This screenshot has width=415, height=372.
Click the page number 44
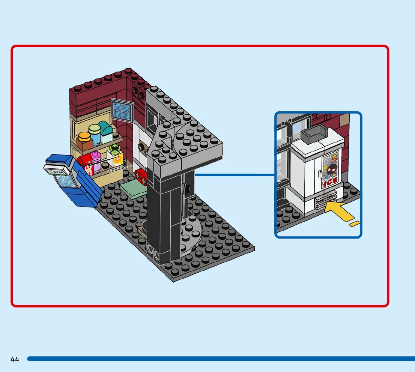pos(15,359)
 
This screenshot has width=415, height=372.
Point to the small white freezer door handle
pos(319,174)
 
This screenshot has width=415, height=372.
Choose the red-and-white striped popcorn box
pos(85,165)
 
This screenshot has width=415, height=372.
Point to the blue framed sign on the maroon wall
pos(122,109)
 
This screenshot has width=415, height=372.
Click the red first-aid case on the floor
pos(142,175)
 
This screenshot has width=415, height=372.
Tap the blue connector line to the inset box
pos(235,174)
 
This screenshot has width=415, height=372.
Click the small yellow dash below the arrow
pos(354,224)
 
